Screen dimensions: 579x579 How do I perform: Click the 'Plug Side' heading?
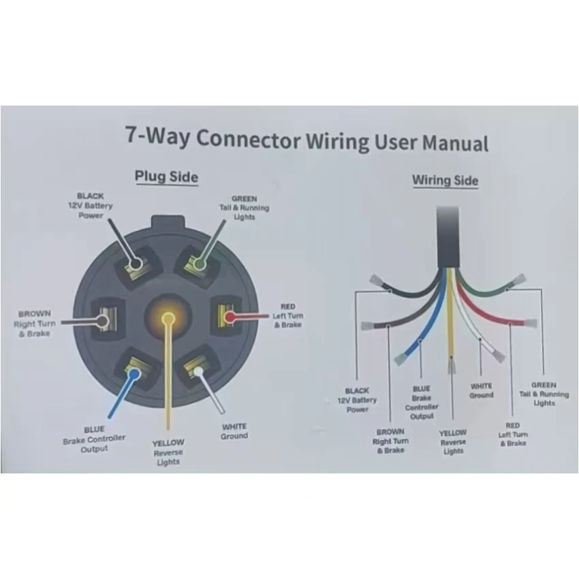[166, 177]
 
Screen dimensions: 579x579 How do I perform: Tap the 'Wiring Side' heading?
[445, 181]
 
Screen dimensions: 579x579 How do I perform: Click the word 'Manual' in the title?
[455, 143]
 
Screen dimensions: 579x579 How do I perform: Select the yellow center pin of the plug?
[168, 317]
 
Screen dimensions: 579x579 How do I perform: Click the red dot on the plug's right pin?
[230, 317]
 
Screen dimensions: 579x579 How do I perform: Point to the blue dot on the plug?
[134, 374]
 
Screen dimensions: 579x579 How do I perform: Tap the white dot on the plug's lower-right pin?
[198, 371]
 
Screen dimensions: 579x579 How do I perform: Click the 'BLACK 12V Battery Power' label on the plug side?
[91, 206]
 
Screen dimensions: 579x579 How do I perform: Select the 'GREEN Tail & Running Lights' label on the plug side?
[244, 208]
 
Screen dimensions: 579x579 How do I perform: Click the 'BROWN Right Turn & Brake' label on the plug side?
[34, 324]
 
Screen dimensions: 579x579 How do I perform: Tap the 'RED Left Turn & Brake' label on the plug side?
[287, 315]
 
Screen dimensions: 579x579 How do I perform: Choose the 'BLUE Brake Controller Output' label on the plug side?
[94, 439]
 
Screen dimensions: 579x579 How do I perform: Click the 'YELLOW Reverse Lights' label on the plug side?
[168, 452]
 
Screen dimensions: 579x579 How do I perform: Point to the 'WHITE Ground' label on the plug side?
[234, 431]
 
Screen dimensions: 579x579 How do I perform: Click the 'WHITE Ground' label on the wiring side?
[481, 391]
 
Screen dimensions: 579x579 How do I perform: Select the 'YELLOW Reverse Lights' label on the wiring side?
[453, 441]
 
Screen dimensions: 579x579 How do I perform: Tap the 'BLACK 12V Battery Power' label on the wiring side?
[357, 400]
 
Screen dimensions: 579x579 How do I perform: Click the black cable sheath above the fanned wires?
[448, 236]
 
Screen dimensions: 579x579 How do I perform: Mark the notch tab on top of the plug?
[168, 223]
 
